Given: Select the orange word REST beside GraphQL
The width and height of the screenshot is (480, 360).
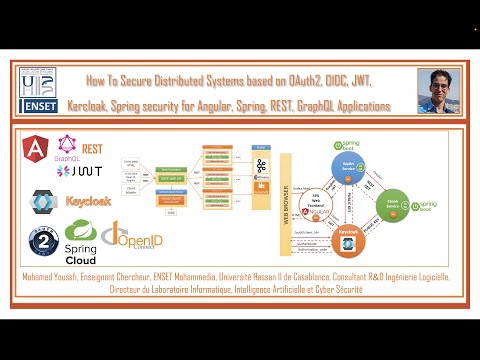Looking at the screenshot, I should tap(92, 148).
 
